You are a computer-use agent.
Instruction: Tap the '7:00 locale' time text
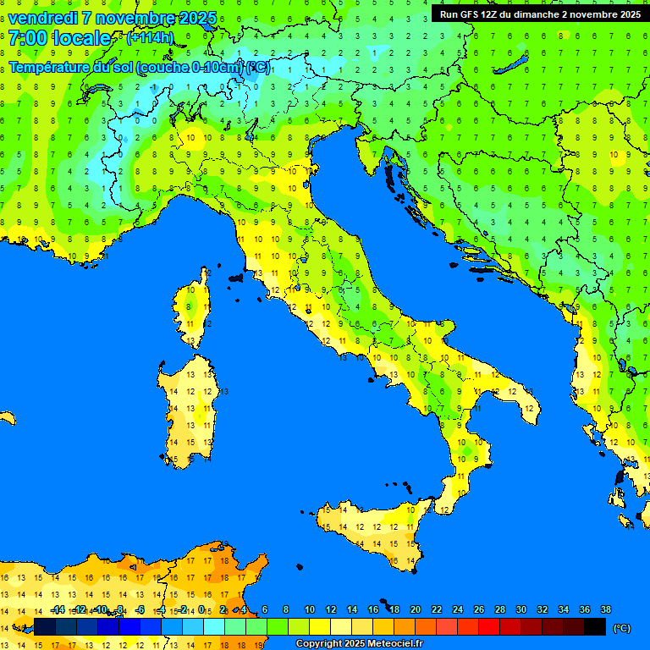[x=59, y=38]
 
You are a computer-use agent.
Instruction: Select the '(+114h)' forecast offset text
[x=150, y=38]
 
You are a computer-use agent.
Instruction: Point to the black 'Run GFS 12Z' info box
[x=537, y=14]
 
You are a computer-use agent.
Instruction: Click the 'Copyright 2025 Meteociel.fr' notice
[x=360, y=644]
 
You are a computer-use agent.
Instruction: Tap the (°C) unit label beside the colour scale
[x=621, y=628]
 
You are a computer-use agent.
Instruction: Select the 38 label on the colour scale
[x=605, y=609]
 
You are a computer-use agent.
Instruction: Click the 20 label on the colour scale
[x=415, y=609]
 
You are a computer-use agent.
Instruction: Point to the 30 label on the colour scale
[x=521, y=609]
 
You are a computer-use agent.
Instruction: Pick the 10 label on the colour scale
[x=309, y=609]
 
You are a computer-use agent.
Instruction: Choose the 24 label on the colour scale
[x=457, y=609]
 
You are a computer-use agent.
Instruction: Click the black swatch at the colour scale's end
[x=595, y=627]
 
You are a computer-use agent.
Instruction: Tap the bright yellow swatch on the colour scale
[x=320, y=627]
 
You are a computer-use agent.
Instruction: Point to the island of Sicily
[x=372, y=529]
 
